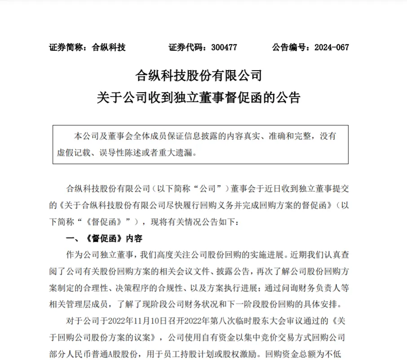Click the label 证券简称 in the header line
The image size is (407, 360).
tap(66, 47)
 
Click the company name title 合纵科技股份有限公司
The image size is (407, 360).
tap(198, 75)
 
